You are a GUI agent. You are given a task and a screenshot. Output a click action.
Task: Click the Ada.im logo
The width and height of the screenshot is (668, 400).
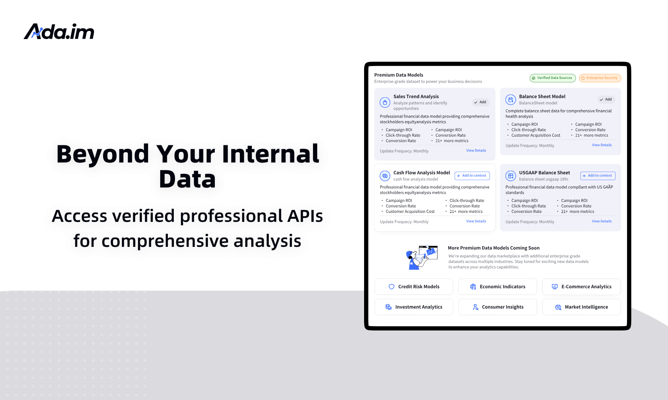coord(59,32)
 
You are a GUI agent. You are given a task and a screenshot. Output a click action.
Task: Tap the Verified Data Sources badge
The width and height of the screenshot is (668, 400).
coord(552,78)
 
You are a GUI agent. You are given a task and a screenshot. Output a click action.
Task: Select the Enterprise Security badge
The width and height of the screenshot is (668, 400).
coord(600,78)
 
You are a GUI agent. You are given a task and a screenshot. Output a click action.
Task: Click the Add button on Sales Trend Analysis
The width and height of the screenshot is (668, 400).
coord(480,102)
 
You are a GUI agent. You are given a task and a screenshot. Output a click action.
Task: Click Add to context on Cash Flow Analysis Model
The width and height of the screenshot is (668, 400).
coord(472,176)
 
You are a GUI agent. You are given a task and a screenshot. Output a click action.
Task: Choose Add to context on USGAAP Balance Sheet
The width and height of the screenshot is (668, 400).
coord(598,176)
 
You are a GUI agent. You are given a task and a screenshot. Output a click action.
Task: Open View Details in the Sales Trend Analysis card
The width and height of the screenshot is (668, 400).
coord(476,151)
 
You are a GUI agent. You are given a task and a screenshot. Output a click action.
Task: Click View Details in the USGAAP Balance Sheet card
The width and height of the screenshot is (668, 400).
coord(602,221)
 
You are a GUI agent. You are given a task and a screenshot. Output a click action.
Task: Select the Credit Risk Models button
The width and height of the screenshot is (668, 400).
coord(414,287)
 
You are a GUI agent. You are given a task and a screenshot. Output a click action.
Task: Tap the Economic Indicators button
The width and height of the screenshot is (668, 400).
coord(497,287)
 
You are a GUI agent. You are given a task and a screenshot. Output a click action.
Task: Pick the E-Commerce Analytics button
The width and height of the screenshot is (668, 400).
coord(581,287)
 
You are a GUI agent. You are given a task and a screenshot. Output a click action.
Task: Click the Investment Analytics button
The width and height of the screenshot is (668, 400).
coord(414,307)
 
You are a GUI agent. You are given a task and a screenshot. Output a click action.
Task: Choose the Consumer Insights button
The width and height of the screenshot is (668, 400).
coord(497,307)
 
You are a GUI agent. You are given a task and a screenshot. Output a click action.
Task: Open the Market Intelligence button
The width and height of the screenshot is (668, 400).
coord(581,307)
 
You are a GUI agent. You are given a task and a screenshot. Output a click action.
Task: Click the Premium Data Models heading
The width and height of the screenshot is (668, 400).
coord(398,75)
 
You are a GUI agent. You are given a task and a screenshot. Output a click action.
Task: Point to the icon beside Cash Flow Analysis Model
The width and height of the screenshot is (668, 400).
coord(385,176)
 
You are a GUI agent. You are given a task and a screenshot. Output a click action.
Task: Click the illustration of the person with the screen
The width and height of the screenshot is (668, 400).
coord(421,257)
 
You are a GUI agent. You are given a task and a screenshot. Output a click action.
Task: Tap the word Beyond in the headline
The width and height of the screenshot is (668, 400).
coord(102,154)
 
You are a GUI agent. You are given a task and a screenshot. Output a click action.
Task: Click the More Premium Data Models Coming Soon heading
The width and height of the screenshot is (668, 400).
coord(493,248)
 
